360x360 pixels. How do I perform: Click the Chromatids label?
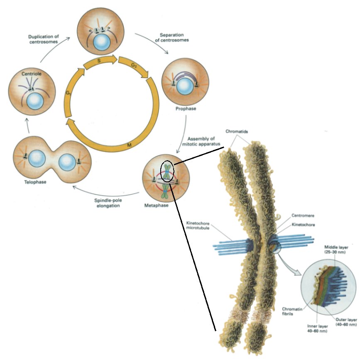(x=236, y=132)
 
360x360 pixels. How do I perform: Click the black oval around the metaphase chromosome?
(x=167, y=171)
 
